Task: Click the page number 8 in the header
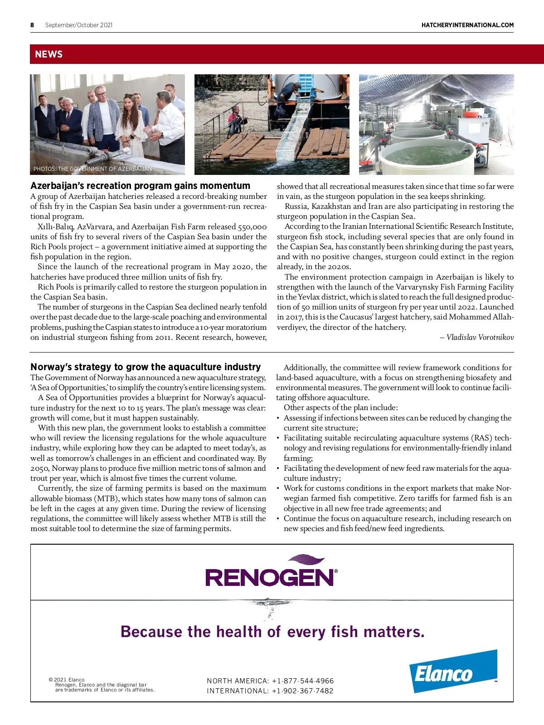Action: pos(32,25)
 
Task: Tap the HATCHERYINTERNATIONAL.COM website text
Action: pos(467,25)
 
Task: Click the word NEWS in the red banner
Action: pos(49,54)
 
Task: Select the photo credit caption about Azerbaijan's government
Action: pos(92,169)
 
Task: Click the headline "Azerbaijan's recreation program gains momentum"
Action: pos(140,186)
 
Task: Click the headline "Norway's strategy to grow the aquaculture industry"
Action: pos(146,367)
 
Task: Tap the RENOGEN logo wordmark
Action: pos(271,577)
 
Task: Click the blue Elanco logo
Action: pos(453,672)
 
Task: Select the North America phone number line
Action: pos(270,681)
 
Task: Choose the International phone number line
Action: pos(270,691)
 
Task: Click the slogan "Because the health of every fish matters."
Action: pos(272,632)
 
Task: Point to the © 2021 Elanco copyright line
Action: pos(67,680)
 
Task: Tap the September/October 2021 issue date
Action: pos(79,25)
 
